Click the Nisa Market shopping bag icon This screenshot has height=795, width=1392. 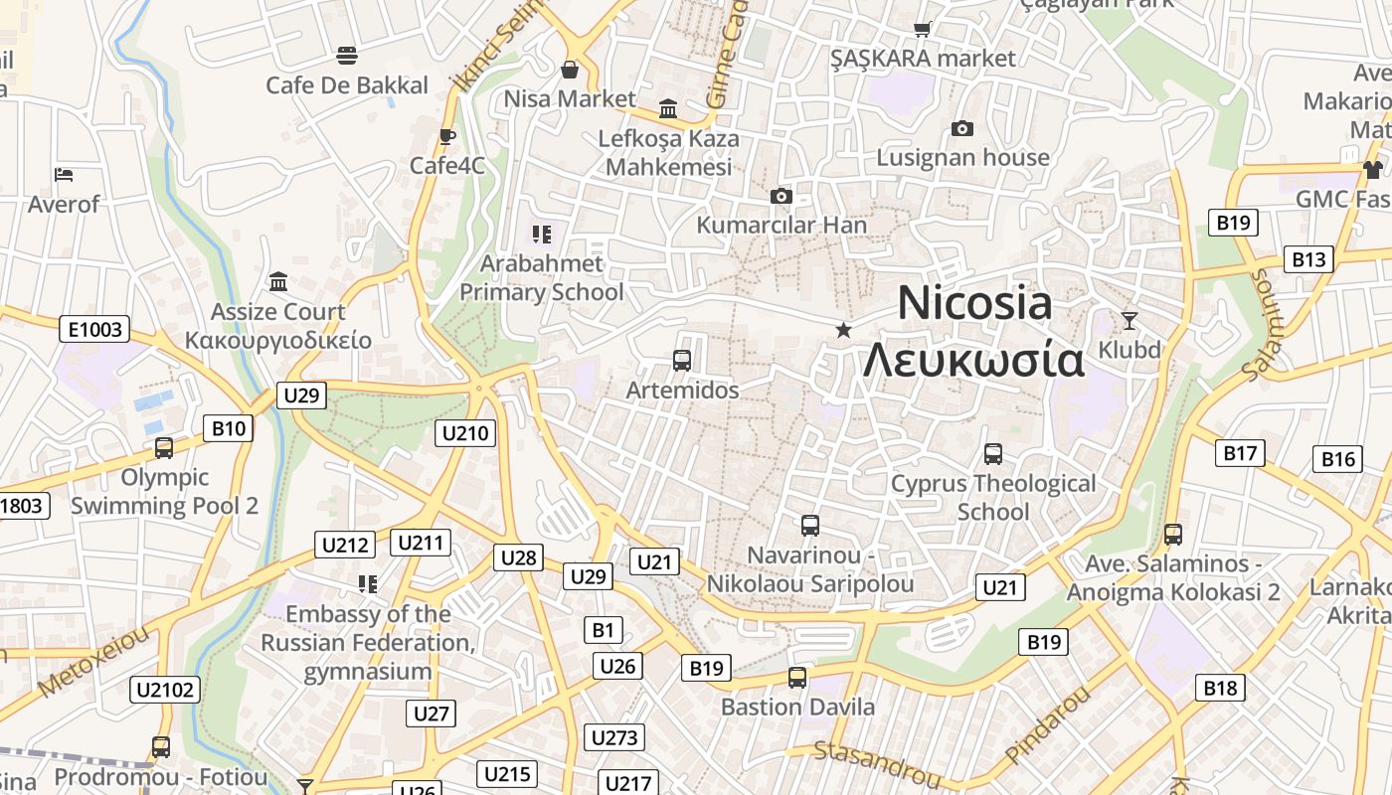570,70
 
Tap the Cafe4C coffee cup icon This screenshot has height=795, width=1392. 447,136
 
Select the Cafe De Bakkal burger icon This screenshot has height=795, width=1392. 346,55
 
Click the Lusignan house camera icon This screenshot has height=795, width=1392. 961,128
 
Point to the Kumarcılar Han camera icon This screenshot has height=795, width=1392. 782,196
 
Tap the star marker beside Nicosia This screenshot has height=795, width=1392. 843,330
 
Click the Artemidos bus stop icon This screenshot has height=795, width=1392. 682,361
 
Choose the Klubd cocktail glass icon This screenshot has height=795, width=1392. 1129,320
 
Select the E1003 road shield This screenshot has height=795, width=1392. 95,329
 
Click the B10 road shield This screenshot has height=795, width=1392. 228,429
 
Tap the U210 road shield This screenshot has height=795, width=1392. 465,432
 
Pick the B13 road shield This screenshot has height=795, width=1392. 1308,259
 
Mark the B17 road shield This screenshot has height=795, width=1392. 1240,453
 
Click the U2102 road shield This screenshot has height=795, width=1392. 165,689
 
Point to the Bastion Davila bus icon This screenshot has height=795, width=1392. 797,678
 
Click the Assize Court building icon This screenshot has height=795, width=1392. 278,282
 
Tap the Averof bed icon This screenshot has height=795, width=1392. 64,175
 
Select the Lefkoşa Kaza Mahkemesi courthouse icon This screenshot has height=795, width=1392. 668,108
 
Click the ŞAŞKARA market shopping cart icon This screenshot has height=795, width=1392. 923,29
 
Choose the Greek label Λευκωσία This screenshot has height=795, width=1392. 972,360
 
